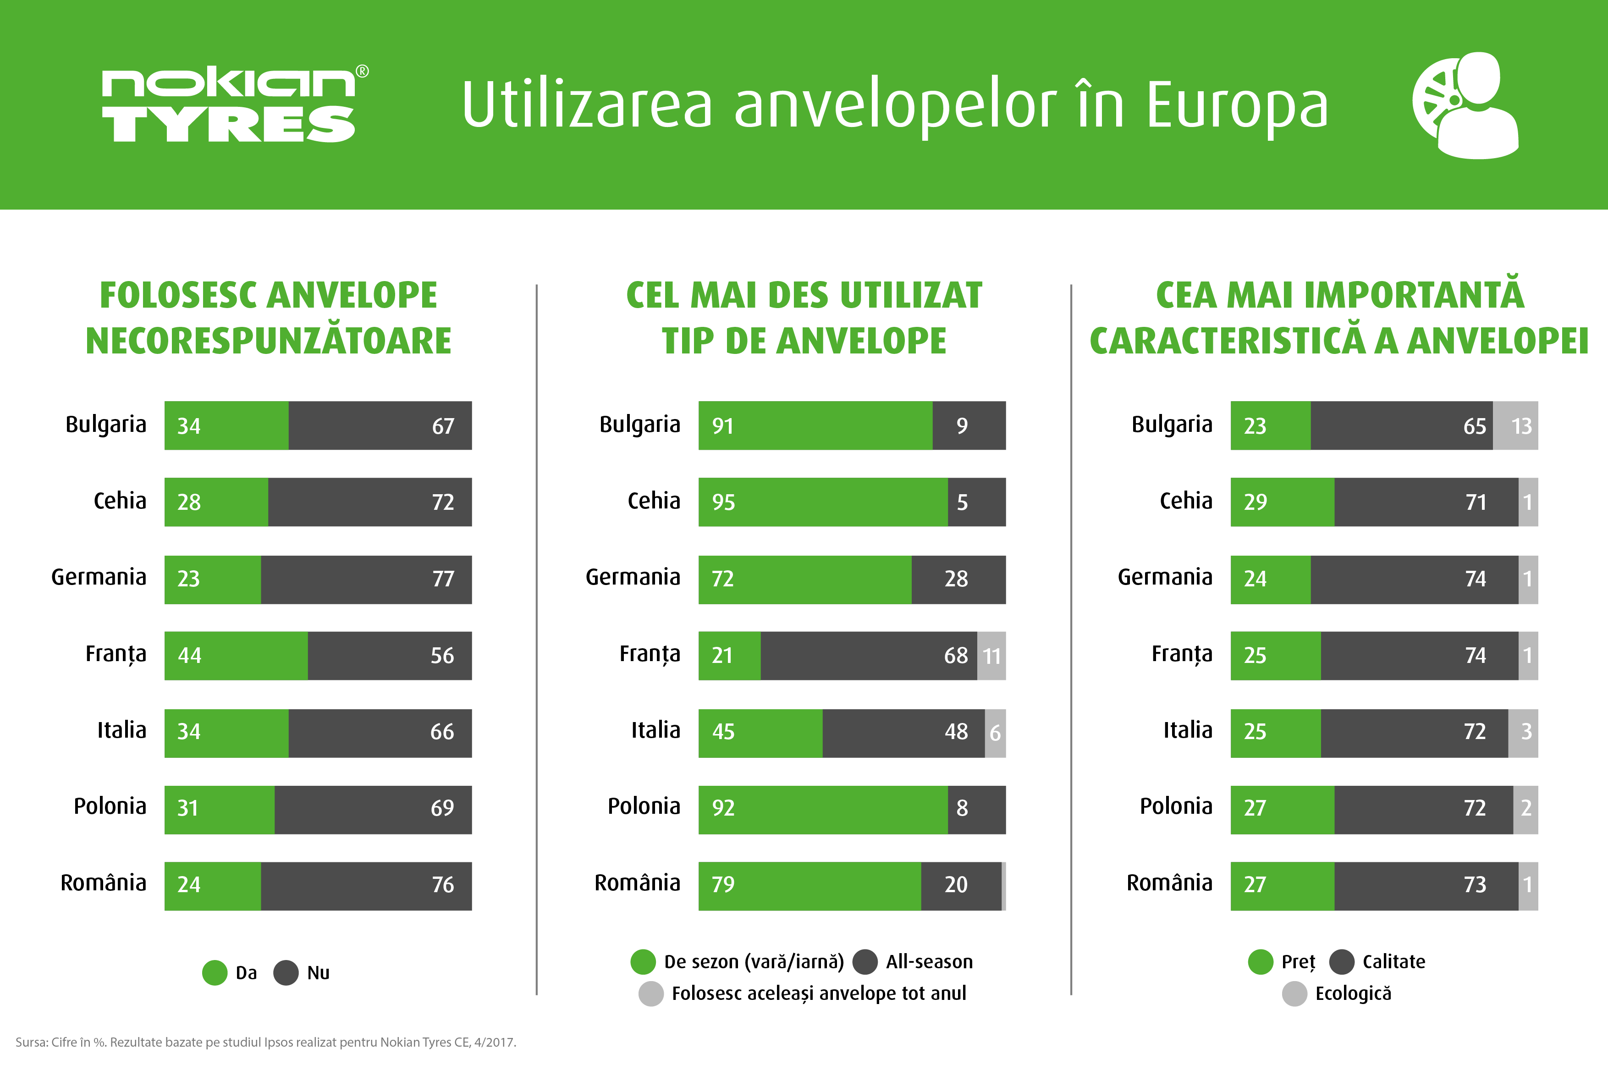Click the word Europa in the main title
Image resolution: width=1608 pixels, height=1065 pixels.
pyautogui.click(x=1237, y=106)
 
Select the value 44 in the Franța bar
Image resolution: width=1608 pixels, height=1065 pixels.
pyautogui.click(x=189, y=656)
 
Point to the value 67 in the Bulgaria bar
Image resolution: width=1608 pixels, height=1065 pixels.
pyautogui.click(x=443, y=426)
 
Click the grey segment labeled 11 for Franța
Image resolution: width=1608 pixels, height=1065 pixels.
pyautogui.click(x=991, y=656)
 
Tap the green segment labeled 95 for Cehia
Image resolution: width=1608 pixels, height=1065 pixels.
pyautogui.click(x=822, y=502)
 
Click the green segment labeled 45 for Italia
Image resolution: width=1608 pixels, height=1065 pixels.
pyautogui.click(x=760, y=732)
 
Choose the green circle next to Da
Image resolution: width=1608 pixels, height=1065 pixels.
pyautogui.click(x=215, y=973)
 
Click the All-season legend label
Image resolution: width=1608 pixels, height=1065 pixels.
pyautogui.click(x=929, y=962)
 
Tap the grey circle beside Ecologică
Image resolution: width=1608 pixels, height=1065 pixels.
pyautogui.click(x=1294, y=993)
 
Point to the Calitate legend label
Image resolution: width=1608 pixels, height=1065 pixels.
pyautogui.click(x=1393, y=962)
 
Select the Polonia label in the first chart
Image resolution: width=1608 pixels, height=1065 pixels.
pyautogui.click(x=110, y=806)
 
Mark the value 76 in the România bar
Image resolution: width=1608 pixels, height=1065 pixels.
pyautogui.click(x=443, y=884)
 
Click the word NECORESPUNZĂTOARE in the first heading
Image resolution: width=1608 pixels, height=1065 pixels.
pyautogui.click(x=268, y=341)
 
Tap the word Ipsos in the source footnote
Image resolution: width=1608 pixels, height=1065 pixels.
pyautogui.click(x=277, y=1043)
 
